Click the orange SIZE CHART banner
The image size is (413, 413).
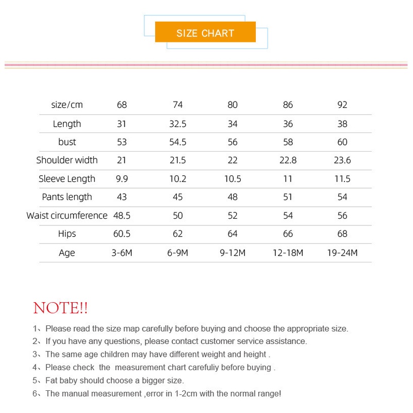205,33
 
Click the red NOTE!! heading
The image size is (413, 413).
60,308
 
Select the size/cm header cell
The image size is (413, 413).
67,105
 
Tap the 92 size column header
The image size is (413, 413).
342,105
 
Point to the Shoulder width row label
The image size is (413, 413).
67,160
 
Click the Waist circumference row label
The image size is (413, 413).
67,216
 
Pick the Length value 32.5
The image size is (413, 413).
178,124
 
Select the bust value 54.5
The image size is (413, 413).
178,142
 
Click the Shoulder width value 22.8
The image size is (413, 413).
288,160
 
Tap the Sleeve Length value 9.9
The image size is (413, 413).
122,179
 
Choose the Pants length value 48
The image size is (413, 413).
233,197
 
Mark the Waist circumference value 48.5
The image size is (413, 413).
122,216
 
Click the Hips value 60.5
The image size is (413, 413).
122,234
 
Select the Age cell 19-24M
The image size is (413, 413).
342,253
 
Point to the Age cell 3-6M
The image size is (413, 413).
122,253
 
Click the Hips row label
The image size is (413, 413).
67,234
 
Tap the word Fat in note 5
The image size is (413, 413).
52,381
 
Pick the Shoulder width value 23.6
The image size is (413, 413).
342,160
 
